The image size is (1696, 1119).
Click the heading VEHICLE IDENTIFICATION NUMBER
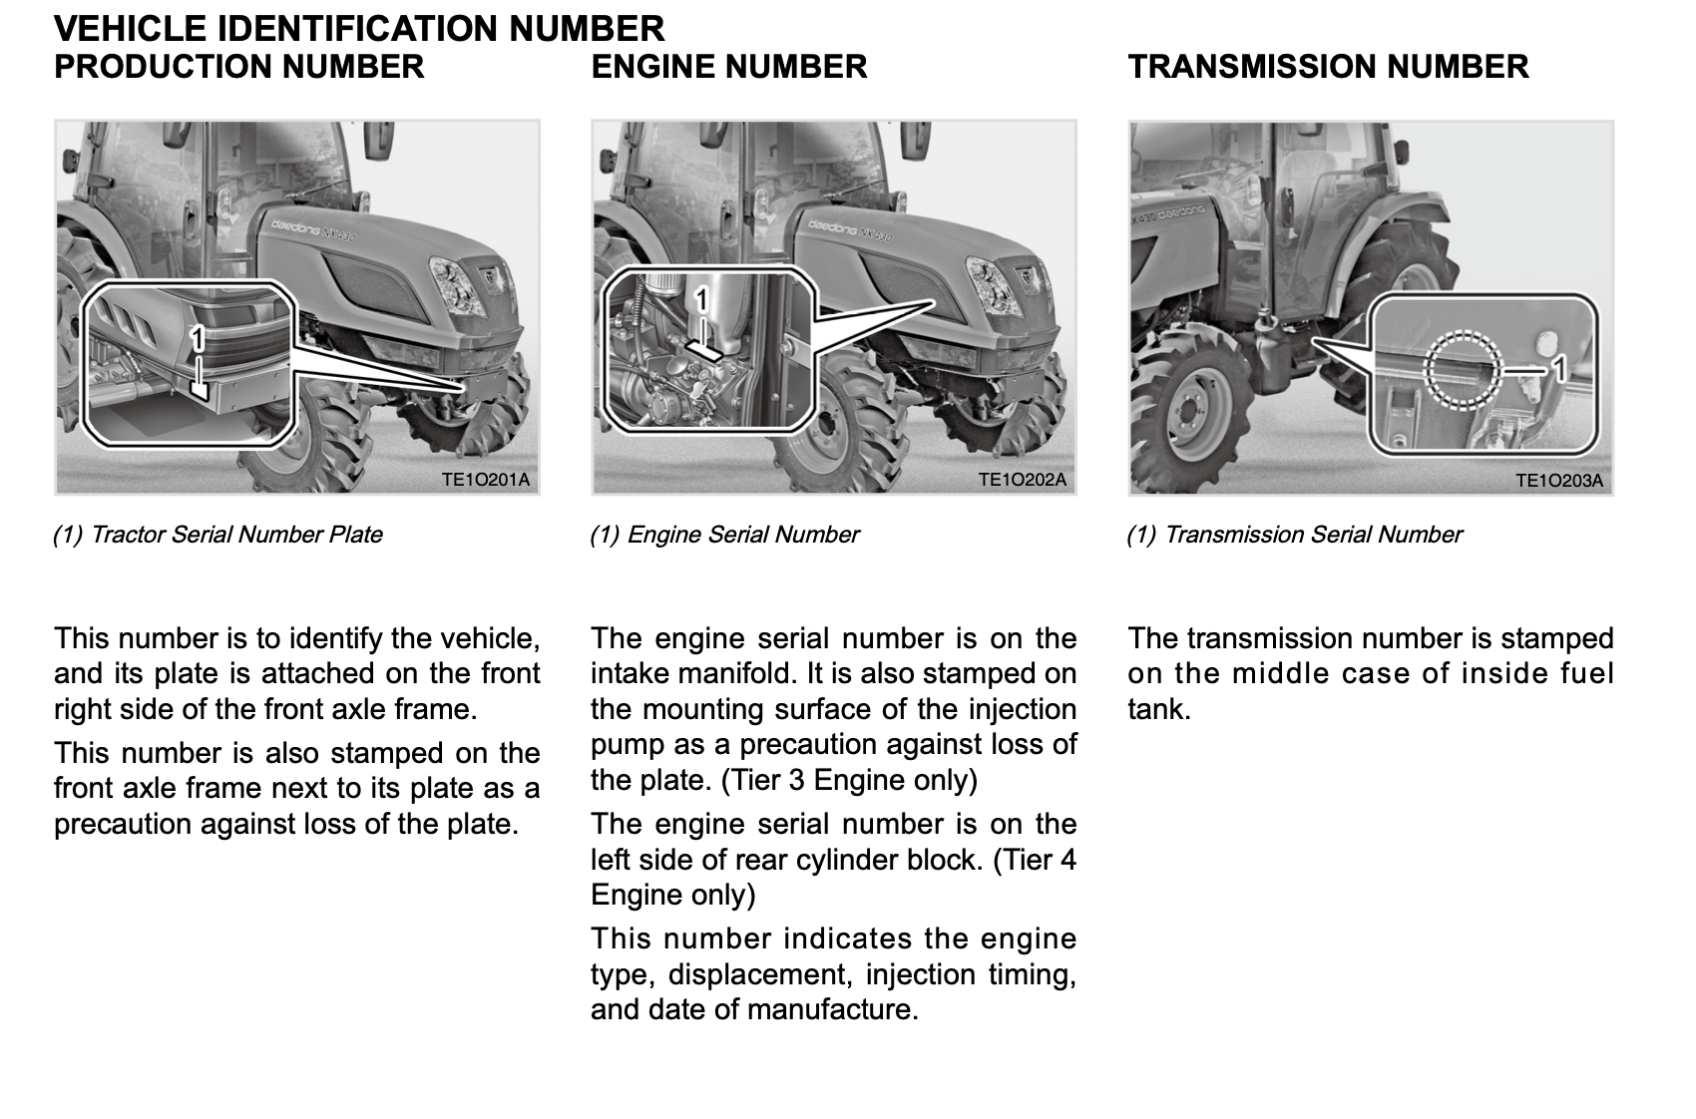pos(359,27)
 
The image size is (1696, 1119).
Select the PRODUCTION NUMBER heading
pos(239,67)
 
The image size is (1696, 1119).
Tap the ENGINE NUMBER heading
pos(729,67)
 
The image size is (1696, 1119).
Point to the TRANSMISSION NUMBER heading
pos(1328,67)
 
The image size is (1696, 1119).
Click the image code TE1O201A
pos(486,481)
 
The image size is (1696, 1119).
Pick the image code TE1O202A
pos(1023,480)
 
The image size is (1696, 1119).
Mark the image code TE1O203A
pos(1559,481)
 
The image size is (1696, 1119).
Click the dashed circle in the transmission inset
pos(1462,370)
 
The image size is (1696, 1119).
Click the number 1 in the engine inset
pos(701,299)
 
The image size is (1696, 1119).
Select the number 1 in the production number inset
pos(198,339)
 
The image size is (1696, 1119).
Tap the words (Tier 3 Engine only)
pos(849,780)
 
